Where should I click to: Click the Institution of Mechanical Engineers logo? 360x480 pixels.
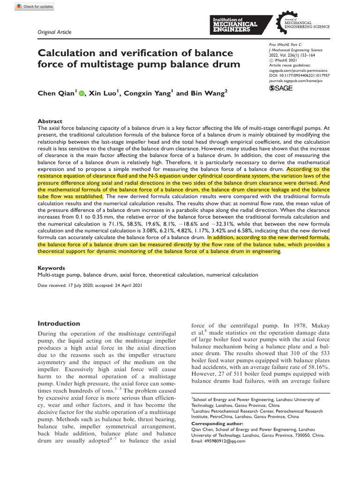point(241,23)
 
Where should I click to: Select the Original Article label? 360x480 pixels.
point(54,32)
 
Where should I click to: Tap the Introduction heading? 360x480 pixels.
point(59,323)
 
